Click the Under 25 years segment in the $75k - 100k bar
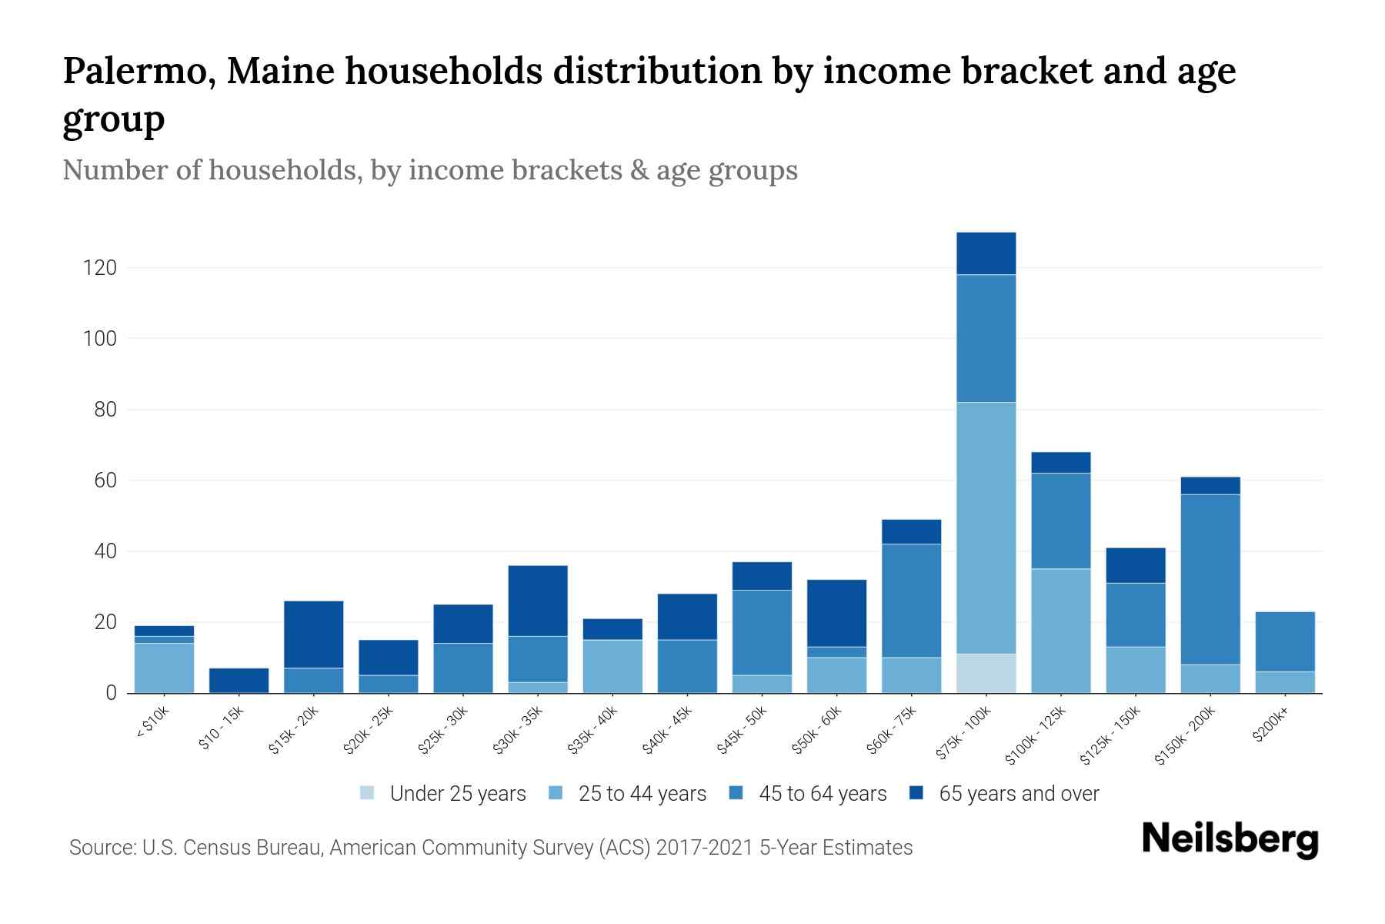pyautogui.click(x=986, y=673)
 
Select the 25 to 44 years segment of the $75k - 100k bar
pyautogui.click(x=986, y=527)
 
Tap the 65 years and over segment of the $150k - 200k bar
pyautogui.click(x=1210, y=485)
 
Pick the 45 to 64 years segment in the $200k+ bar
pyautogui.click(x=1285, y=641)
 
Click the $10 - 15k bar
pyautogui.click(x=239, y=680)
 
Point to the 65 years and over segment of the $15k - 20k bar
pyautogui.click(x=313, y=634)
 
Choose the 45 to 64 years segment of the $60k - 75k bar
pyautogui.click(x=911, y=601)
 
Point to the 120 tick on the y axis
pyautogui.click(x=100, y=268)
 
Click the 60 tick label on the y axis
pyautogui.click(x=105, y=480)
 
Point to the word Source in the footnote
pyautogui.click(x=100, y=848)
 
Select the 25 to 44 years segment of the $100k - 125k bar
pyautogui.click(x=1060, y=631)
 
